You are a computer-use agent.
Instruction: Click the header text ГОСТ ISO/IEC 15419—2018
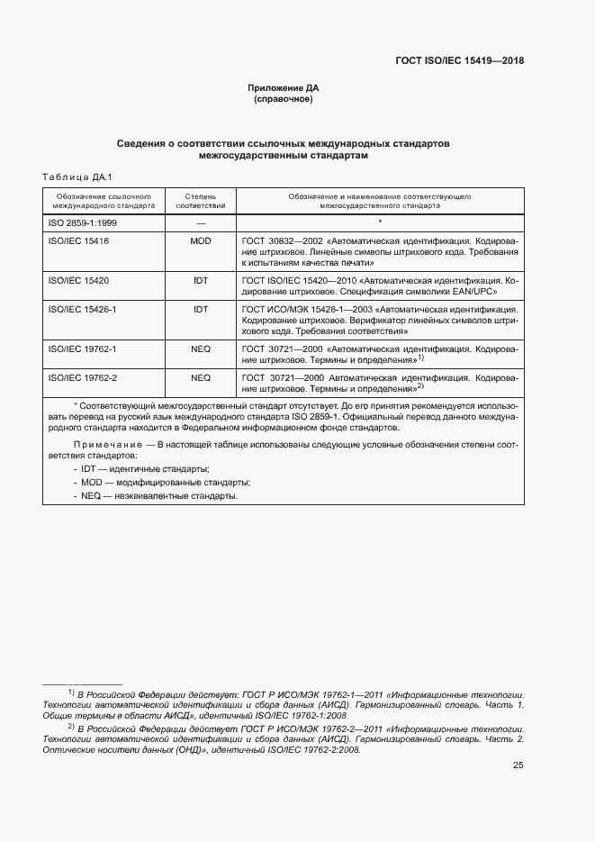[x=459, y=61]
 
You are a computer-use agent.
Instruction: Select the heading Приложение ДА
[x=284, y=87]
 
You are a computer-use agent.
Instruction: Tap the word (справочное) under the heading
[x=284, y=99]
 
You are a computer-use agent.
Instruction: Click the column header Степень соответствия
[x=201, y=200]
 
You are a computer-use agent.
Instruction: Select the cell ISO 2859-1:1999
[x=82, y=222]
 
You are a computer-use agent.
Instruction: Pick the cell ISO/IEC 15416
[x=78, y=241]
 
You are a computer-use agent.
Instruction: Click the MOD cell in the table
[x=201, y=241]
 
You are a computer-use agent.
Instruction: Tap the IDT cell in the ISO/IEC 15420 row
[x=201, y=281]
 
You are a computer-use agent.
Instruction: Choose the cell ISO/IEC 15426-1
[x=82, y=309]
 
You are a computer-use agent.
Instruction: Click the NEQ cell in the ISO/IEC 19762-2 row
[x=201, y=377]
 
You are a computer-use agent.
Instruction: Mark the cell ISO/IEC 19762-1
[x=82, y=349]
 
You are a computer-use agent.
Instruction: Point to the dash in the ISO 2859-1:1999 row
[x=201, y=222]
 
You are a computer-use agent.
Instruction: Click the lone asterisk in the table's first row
[x=380, y=222]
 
